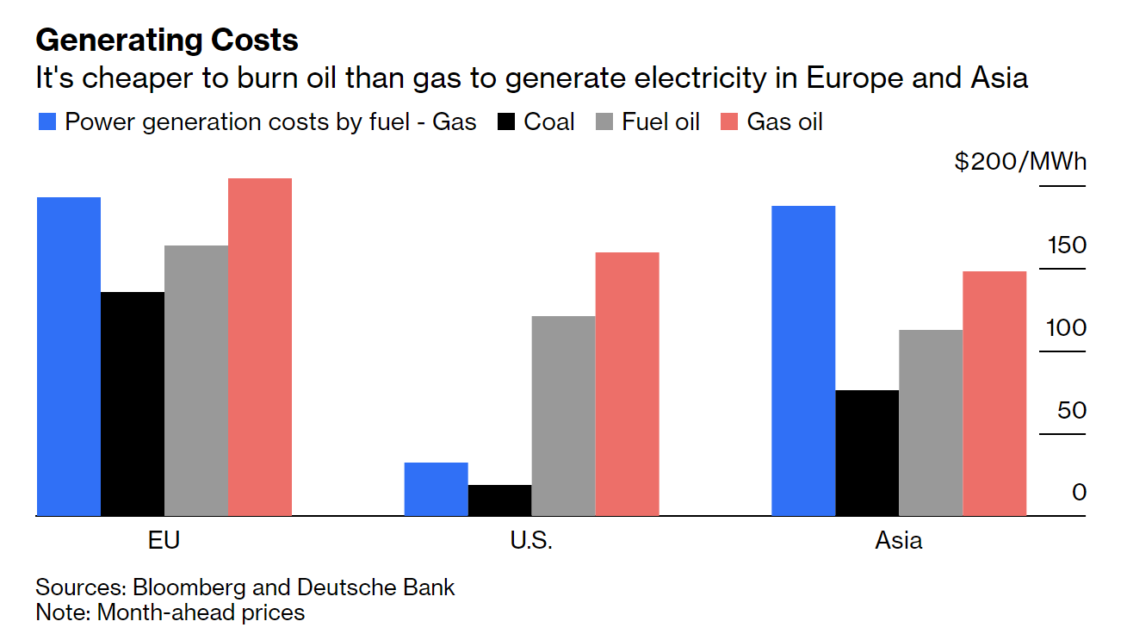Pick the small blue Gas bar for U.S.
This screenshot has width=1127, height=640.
click(x=436, y=488)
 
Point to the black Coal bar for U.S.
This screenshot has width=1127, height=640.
click(x=499, y=500)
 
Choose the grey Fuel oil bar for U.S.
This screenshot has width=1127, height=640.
click(x=563, y=415)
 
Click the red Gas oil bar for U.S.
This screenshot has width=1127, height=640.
click(x=627, y=383)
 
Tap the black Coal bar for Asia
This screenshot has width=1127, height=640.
click(x=867, y=452)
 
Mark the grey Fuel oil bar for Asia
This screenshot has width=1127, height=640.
click(x=931, y=422)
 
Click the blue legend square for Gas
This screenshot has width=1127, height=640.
click(x=47, y=122)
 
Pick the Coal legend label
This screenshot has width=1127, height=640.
click(x=549, y=122)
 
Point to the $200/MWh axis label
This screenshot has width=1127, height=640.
click(x=1020, y=162)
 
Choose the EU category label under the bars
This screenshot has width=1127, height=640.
click(x=164, y=541)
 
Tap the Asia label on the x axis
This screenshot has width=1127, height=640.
click(x=898, y=541)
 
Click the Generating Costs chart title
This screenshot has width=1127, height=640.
click(x=167, y=40)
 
